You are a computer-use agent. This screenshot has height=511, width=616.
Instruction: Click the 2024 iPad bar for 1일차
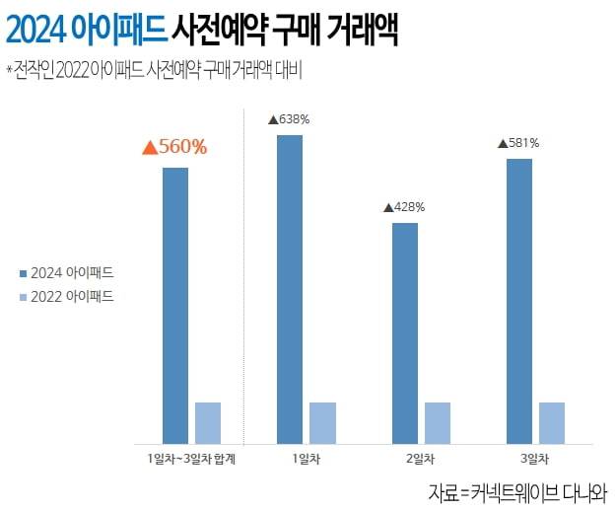[289, 289]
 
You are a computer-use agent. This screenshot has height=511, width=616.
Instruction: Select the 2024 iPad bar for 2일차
[404, 333]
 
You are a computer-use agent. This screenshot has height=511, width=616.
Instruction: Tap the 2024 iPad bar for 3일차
[519, 301]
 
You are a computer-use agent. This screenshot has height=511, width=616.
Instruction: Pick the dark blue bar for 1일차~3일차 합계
[174, 306]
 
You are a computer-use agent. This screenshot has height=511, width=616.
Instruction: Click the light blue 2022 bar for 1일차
[322, 423]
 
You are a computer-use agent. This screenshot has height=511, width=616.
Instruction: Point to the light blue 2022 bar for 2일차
[438, 423]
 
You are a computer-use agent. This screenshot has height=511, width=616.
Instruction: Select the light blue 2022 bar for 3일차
[552, 423]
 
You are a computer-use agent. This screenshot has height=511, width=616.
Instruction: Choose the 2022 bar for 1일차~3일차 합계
[208, 423]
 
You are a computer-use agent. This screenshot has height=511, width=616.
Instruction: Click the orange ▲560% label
[174, 148]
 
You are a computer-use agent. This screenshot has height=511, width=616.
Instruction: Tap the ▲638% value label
[289, 119]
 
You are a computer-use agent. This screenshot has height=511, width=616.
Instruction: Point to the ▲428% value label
[404, 207]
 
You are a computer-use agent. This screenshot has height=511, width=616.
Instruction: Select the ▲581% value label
[518, 143]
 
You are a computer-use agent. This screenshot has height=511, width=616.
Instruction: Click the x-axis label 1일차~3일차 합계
[191, 460]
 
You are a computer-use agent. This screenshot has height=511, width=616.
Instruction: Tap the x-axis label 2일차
[422, 460]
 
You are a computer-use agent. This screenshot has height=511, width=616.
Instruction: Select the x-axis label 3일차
[536, 460]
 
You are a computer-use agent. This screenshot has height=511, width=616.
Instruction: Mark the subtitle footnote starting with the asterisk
[153, 70]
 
